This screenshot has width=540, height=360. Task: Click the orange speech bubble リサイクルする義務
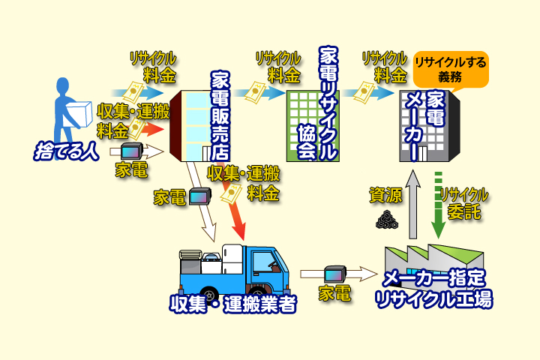tap(450, 67)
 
